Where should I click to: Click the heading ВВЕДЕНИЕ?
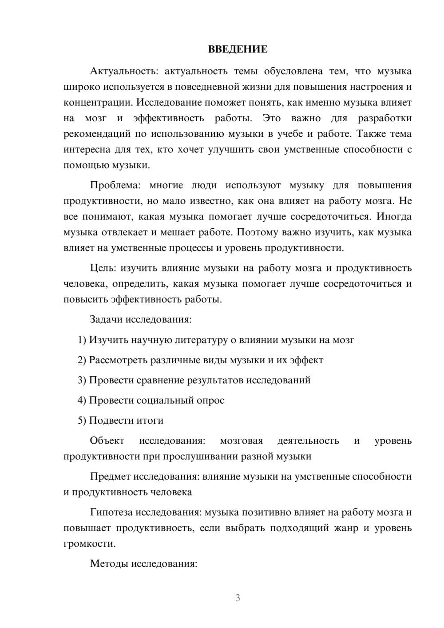tap(238, 49)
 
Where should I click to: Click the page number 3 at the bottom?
tap(238, 598)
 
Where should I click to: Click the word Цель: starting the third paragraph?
tap(103, 268)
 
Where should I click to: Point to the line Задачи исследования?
tap(140, 319)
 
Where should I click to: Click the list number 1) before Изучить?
tap(82, 340)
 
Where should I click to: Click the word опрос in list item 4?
tap(211, 400)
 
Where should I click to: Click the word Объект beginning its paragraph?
tap(107, 441)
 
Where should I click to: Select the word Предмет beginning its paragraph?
tap(110, 477)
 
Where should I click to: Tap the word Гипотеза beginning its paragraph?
tap(111, 512)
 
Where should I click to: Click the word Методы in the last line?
tap(107, 564)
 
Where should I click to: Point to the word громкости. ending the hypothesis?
tap(89, 544)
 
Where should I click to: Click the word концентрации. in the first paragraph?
tap(98, 103)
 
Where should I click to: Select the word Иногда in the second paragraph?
tap(394, 216)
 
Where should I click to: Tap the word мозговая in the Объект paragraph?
tap(242, 441)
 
